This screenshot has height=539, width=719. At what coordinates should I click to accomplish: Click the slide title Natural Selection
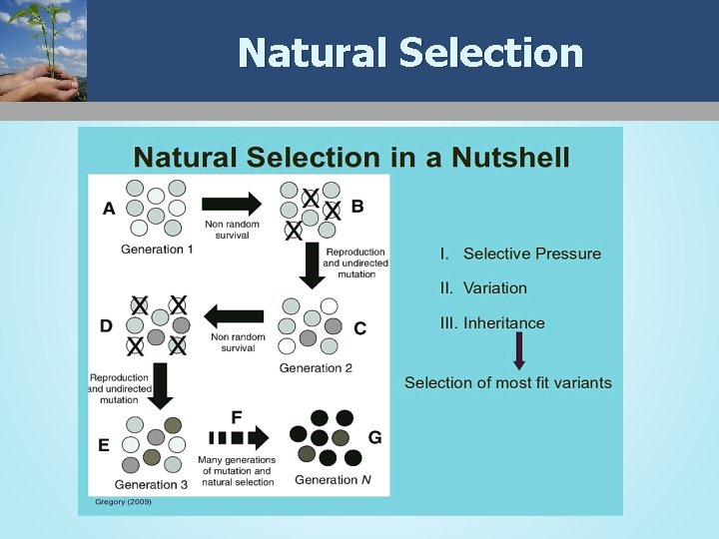click(x=410, y=52)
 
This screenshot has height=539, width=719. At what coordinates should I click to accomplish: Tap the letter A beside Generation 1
click(x=109, y=208)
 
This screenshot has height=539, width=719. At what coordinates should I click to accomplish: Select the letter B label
click(x=358, y=206)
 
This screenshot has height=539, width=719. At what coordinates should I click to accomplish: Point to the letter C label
click(x=359, y=328)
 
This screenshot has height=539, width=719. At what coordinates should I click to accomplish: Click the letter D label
click(x=107, y=324)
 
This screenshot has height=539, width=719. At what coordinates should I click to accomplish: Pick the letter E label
click(x=104, y=445)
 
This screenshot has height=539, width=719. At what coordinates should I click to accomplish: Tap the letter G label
click(x=374, y=438)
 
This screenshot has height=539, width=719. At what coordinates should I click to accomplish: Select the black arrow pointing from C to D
click(x=235, y=317)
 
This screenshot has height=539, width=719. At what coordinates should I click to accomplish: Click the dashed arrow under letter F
click(x=239, y=437)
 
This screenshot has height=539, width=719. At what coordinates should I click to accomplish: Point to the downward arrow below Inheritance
click(x=519, y=351)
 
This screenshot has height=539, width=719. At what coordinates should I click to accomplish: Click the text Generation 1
click(x=157, y=249)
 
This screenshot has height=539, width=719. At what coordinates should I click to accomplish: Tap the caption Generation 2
click(x=316, y=368)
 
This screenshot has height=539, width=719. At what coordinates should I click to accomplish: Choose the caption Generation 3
click(x=152, y=484)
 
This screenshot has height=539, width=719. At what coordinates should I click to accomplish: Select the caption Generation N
click(x=333, y=480)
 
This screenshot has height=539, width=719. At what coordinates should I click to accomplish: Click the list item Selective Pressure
click(x=531, y=254)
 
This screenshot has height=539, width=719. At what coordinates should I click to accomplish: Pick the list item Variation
click(x=494, y=288)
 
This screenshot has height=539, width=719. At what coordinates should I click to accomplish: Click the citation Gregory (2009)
click(x=124, y=501)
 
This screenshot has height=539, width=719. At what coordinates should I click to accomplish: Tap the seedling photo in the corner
click(x=44, y=50)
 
